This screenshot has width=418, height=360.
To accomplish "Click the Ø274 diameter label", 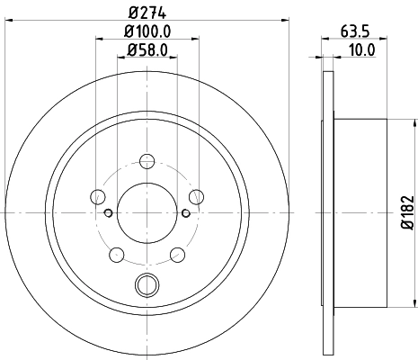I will click(146, 12).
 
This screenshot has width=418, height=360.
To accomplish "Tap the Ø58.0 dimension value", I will click(146, 51).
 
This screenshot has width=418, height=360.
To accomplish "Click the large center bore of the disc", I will click(146, 212).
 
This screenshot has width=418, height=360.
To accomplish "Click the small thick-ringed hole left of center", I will click(108, 213).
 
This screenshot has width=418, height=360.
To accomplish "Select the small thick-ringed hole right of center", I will click(184, 213).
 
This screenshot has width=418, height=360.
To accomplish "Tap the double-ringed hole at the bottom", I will click(146, 285).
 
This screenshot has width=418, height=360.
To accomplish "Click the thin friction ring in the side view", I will click(326, 212).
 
